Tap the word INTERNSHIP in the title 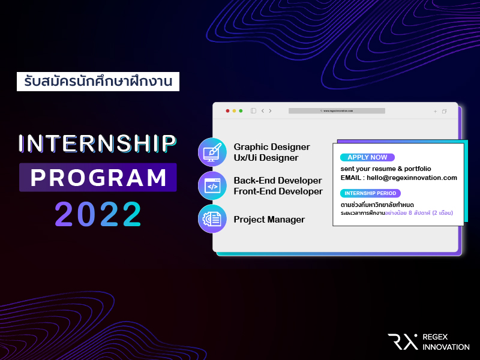[98, 143]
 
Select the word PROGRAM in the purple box [98, 178]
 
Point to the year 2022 [98, 214]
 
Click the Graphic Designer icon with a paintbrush [212, 152]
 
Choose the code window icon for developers [212, 185]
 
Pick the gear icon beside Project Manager [212, 219]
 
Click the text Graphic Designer [272, 147]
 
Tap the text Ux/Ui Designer [266, 158]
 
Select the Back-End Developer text [278, 181]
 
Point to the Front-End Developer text [278, 191]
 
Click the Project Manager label [269, 220]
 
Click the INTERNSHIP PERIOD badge [370, 193]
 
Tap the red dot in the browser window [227, 111]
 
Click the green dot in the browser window [241, 111]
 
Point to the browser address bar [337, 111]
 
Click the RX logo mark [402, 341]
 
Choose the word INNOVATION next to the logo [446, 347]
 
